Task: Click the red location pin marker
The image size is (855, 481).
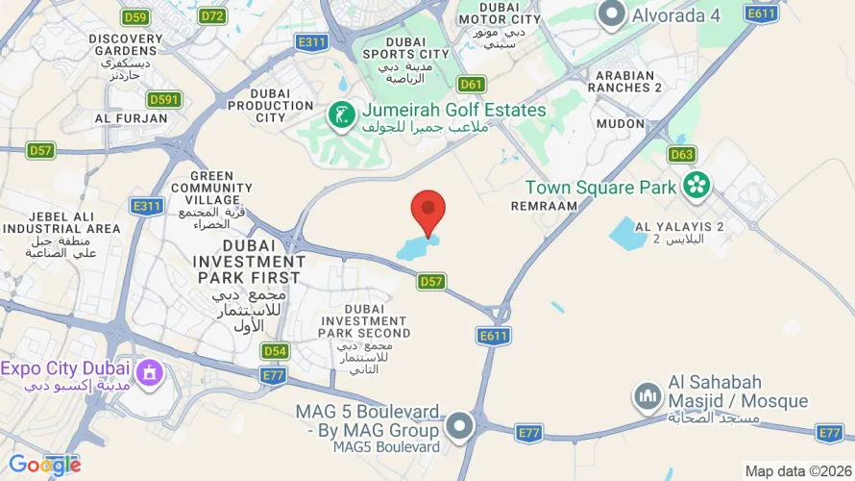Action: (x=428, y=211)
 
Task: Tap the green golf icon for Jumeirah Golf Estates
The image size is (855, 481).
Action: (x=340, y=117)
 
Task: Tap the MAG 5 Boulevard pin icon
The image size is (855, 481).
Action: (x=461, y=425)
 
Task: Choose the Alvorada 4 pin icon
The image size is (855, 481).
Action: (x=611, y=14)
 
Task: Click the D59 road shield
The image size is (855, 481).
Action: (x=135, y=16)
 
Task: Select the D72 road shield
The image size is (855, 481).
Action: (x=212, y=15)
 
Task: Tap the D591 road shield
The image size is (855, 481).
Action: (x=164, y=99)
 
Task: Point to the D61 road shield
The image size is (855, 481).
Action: (x=471, y=84)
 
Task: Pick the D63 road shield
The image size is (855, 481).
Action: (x=682, y=154)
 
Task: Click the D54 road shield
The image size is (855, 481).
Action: (x=276, y=351)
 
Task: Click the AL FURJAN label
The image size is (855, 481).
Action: (x=131, y=118)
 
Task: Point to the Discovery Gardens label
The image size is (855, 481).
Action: (x=126, y=46)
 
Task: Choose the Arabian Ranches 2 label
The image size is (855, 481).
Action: (x=628, y=81)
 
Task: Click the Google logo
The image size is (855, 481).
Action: (x=44, y=465)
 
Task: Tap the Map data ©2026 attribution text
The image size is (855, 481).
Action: (x=797, y=471)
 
